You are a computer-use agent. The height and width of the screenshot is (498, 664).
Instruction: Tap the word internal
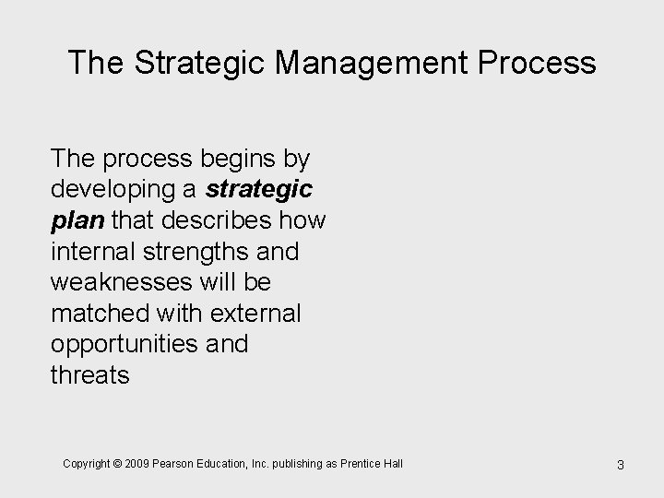96,250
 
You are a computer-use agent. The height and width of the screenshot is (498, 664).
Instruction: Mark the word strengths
203,250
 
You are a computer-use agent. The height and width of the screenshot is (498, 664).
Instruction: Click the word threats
90,375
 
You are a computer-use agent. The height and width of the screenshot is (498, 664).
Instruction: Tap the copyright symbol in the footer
116,463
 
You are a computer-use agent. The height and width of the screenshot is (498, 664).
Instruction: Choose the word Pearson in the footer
172,463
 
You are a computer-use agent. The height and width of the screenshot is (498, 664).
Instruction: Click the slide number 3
621,465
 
